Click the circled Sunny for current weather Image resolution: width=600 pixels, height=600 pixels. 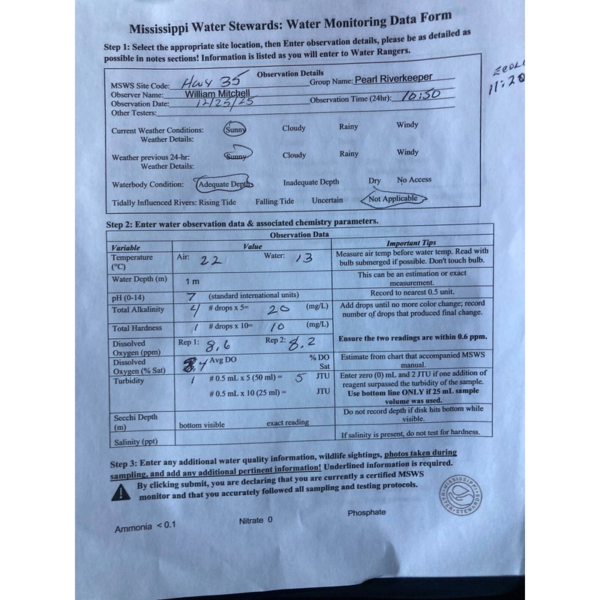235,128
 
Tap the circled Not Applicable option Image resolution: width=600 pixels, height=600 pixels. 393,199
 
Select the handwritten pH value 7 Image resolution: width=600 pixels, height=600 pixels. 191,295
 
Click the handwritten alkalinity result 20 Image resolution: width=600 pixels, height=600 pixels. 279,308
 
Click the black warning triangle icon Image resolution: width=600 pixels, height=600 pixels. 120,492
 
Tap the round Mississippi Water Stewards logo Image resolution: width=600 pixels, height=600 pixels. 460,496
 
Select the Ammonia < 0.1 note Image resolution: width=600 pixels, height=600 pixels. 145,526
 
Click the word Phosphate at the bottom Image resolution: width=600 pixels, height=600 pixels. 367,512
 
